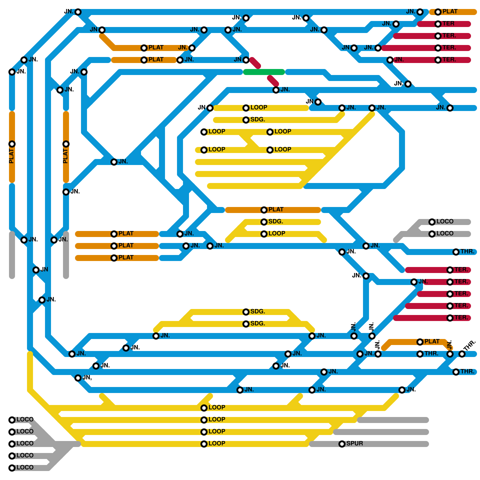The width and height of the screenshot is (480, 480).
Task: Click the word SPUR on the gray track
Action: (x=355, y=443)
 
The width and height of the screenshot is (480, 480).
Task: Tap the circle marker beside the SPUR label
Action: (x=342, y=444)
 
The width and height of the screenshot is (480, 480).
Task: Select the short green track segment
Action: (x=264, y=72)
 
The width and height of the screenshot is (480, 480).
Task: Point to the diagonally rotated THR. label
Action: (x=469, y=345)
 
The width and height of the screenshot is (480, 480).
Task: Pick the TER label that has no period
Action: (x=448, y=23)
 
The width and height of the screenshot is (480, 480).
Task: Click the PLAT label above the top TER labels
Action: (x=450, y=11)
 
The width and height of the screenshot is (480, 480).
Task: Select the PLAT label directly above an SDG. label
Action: (x=276, y=209)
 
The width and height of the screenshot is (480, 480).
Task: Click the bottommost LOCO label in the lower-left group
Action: (x=25, y=467)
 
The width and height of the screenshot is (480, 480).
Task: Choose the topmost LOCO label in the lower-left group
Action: (x=25, y=419)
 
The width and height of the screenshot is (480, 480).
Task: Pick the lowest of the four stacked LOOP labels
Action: (x=217, y=443)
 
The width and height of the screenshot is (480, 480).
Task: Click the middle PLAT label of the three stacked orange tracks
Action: (x=126, y=245)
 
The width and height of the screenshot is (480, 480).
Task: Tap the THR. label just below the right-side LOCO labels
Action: (x=467, y=251)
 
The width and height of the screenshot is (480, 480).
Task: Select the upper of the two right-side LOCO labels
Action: (x=445, y=221)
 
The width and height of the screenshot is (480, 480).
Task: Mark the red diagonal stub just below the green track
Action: (x=273, y=80)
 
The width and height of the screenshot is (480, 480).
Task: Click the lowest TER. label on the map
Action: (x=461, y=317)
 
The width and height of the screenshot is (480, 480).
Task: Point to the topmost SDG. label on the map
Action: (x=258, y=119)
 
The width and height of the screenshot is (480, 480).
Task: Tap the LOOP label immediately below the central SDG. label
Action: (x=277, y=233)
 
